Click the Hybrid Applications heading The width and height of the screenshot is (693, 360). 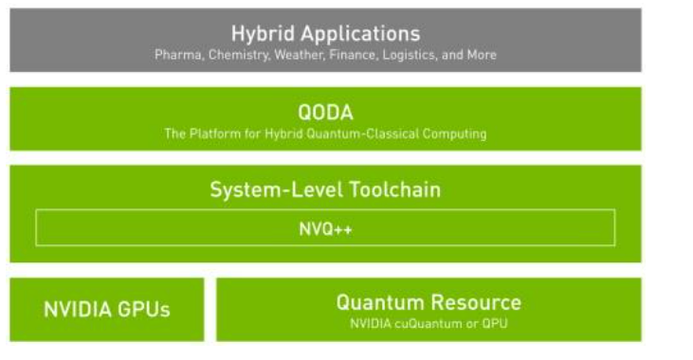pyautogui.click(x=325, y=35)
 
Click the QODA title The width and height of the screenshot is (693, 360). pyautogui.click(x=325, y=114)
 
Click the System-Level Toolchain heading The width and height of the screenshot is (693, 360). pyautogui.click(x=325, y=189)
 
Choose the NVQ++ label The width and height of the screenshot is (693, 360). pyautogui.click(x=325, y=228)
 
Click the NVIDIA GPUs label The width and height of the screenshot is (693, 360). pyautogui.click(x=107, y=310)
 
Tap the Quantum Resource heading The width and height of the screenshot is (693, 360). pyautogui.click(x=429, y=303)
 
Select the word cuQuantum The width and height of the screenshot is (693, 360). pyautogui.click(x=419, y=323)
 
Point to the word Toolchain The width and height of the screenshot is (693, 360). pyautogui.click(x=391, y=189)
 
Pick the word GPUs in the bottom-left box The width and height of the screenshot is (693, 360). pyautogui.click(x=145, y=310)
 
